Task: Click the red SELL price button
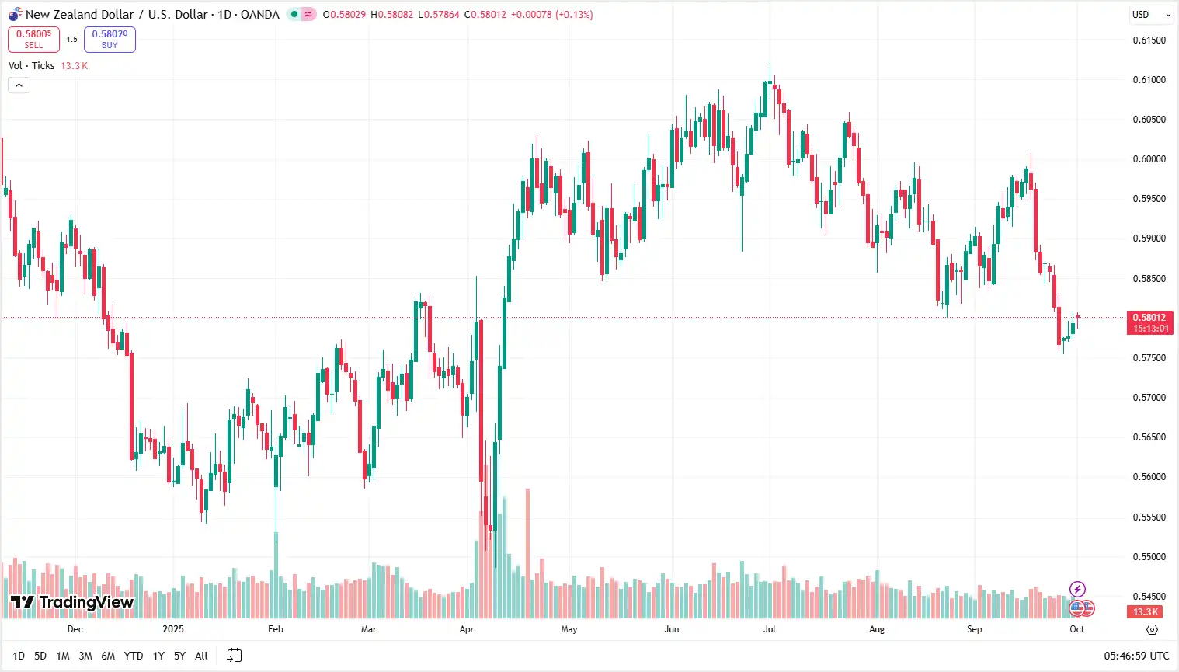click(33, 39)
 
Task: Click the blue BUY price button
click(110, 39)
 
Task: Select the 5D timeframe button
click(40, 656)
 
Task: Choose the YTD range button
click(134, 656)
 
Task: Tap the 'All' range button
click(201, 656)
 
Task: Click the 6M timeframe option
click(108, 656)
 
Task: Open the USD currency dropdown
click(1150, 15)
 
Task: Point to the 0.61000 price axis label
click(1149, 80)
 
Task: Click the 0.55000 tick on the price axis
click(1149, 557)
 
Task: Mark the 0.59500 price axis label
click(1149, 199)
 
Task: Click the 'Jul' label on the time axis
click(769, 629)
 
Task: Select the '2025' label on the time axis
click(173, 629)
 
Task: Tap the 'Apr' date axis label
click(466, 629)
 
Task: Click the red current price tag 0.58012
click(1149, 322)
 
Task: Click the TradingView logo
click(72, 602)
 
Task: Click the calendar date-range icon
click(234, 656)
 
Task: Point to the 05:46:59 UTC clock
click(1136, 656)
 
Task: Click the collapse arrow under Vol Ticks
click(19, 85)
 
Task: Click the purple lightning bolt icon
click(1077, 589)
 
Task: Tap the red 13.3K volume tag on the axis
click(1145, 612)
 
